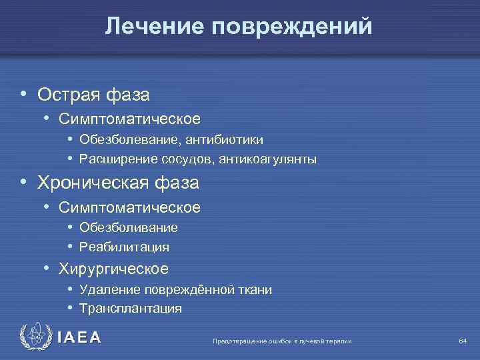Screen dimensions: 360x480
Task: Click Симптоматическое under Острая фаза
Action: pos(129,119)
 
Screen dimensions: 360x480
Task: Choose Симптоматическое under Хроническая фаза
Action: pos(129,207)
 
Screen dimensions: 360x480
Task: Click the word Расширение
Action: pos(118,160)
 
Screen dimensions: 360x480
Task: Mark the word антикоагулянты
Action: pos(272,160)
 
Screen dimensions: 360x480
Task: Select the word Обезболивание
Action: pos(128,228)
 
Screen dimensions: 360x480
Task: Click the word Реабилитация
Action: pos(124,247)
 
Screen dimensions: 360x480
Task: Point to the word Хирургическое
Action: pos(113,269)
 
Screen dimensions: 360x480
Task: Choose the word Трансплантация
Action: pos(130,309)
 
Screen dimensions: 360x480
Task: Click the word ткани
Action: pos(256,290)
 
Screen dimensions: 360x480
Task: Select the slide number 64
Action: pos(463,341)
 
